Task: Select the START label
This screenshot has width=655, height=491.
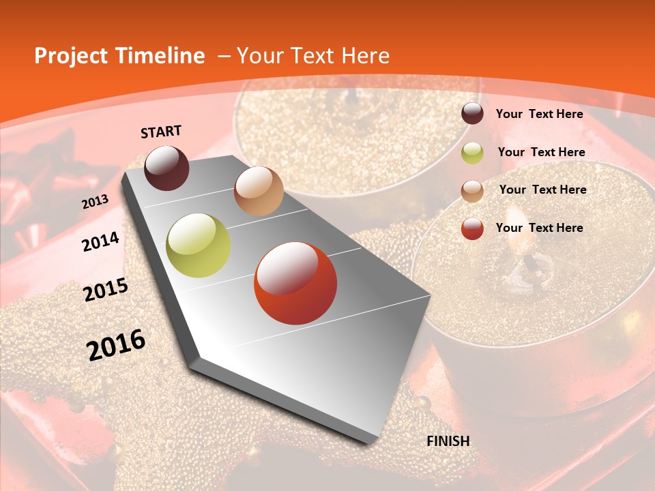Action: [161, 132]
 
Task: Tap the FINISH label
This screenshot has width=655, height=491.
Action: [448, 441]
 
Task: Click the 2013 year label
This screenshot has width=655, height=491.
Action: [96, 202]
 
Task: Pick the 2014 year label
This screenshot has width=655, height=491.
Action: [100, 242]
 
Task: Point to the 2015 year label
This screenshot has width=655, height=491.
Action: [106, 290]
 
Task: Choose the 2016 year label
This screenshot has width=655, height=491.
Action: [116, 345]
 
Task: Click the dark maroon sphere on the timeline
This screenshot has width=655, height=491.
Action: [166, 168]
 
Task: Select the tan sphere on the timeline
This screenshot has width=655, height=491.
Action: [259, 191]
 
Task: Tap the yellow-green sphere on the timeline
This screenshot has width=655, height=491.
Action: [199, 245]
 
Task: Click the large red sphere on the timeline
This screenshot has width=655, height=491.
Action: [295, 283]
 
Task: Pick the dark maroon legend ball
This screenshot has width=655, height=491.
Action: [472, 113]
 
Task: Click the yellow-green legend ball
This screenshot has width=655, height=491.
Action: [472, 153]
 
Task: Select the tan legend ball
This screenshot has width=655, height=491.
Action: [472, 191]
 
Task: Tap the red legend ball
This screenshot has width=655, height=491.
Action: [472, 228]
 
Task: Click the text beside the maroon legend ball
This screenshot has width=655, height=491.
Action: [539, 114]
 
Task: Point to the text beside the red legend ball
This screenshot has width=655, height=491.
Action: [539, 228]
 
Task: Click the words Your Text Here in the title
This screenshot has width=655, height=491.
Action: [313, 56]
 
